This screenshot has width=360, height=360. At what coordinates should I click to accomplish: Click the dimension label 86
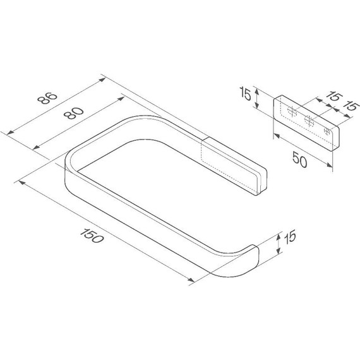(47, 98)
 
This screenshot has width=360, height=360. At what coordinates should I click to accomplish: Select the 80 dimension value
(73, 113)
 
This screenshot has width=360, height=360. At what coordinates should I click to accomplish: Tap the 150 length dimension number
(92, 236)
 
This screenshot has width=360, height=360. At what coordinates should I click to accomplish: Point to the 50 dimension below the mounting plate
(299, 160)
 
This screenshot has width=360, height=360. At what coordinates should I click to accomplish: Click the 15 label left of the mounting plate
(245, 93)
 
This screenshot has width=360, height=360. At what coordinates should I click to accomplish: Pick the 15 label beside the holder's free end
(290, 237)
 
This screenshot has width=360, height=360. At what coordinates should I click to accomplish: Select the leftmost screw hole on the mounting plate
(292, 112)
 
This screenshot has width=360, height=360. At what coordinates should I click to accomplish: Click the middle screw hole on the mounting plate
(309, 121)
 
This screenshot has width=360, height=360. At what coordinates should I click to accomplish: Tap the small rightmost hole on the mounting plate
(327, 131)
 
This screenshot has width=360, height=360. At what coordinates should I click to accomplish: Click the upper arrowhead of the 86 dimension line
(102, 80)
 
